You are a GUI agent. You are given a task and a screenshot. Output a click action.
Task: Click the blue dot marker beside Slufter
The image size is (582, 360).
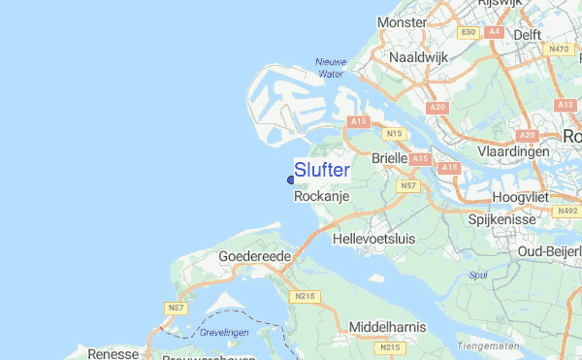coord(291,179)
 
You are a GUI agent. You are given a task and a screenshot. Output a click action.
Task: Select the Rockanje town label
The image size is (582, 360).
coord(320,196)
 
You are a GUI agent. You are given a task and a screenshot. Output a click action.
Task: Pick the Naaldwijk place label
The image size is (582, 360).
coord(418,57)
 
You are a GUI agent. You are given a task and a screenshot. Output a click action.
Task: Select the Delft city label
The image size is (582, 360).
coord(527,34)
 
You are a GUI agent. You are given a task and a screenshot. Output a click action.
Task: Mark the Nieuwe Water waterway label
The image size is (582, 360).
coord(330,67)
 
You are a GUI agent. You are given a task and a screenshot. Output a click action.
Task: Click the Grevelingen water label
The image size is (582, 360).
coord(224,332)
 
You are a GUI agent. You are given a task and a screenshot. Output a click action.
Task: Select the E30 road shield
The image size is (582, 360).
coord(469,32)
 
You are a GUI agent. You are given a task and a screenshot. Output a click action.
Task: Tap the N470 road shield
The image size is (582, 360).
coord(558,49)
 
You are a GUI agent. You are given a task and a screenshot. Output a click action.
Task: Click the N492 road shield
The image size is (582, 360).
coord(566,210)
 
